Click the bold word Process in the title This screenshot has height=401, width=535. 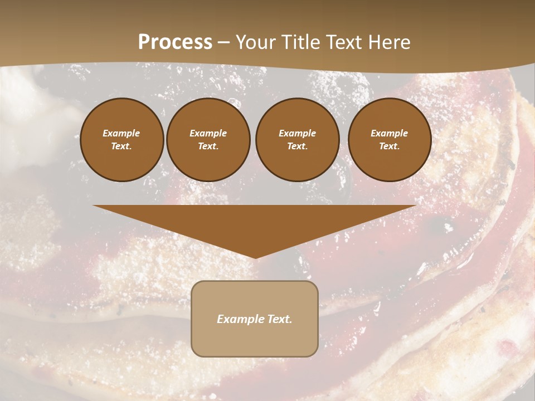tap(175, 42)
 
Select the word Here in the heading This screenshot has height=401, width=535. tap(388, 42)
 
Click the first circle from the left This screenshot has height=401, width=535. tap(122, 140)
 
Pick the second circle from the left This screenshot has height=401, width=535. tap(208, 140)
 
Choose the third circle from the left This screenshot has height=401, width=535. tap(298, 140)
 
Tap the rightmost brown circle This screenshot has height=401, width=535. tap(390, 140)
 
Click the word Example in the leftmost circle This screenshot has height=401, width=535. tap(121, 133)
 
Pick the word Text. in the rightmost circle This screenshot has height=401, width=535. tap(390, 146)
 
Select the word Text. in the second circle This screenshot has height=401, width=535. tap(208, 146)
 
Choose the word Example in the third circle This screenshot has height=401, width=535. tap(298, 133)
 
